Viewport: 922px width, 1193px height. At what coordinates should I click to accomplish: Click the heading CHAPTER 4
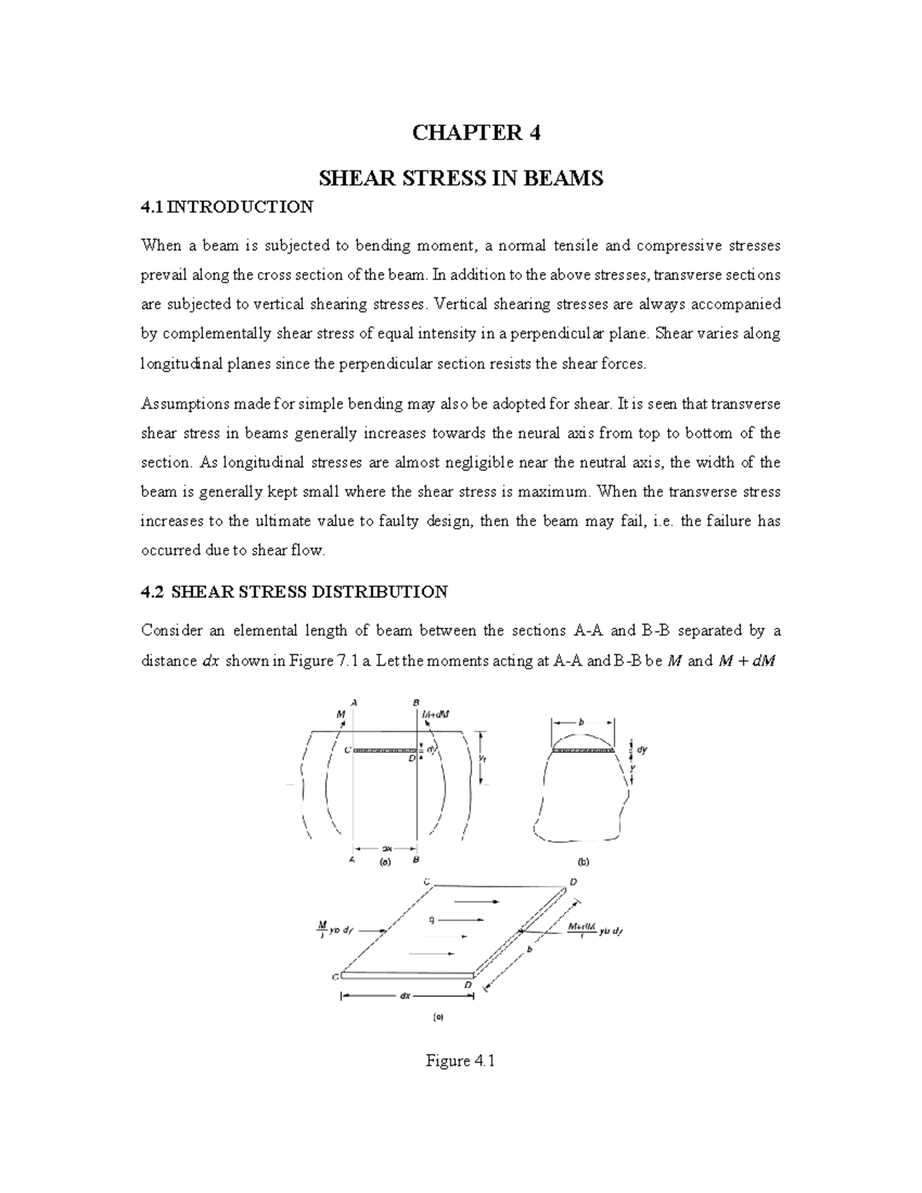tap(476, 134)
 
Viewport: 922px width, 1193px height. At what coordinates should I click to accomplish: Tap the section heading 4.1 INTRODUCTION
tap(227, 207)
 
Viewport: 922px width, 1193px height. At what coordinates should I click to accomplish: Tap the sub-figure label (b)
tap(581, 861)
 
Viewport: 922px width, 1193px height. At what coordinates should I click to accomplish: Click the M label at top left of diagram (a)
tap(341, 714)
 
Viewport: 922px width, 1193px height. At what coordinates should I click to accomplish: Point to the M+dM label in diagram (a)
tap(436, 714)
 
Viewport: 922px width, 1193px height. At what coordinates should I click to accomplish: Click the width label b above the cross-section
tap(582, 722)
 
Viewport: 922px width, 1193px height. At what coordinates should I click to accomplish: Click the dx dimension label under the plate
tap(405, 996)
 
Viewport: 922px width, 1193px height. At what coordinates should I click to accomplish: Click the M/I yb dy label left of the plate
tap(331, 929)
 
